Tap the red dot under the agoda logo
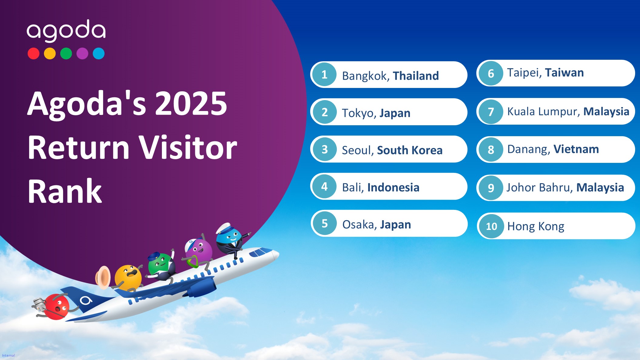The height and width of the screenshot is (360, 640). [33, 53]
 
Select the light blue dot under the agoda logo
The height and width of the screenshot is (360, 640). [99, 53]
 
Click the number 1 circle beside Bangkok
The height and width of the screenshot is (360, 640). [324, 74]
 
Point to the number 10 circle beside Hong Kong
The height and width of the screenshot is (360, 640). [491, 226]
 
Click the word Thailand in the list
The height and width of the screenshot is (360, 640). [416, 76]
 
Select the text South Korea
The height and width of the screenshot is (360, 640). [410, 150]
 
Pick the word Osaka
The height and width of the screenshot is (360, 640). [360, 225]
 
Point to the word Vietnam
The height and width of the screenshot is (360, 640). [576, 149]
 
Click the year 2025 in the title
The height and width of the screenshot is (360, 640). [191, 103]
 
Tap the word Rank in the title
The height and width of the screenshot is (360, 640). [65, 191]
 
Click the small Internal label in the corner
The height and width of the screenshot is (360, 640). [8, 355]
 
